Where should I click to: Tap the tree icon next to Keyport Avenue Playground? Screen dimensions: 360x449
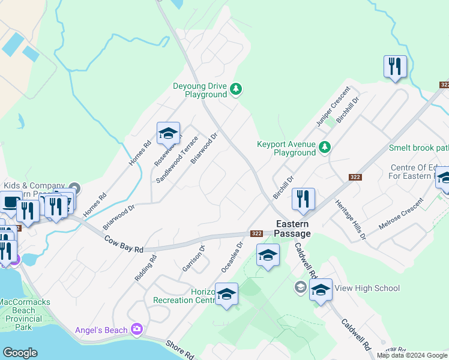(325, 147)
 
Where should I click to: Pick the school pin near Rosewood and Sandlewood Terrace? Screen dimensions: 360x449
(168, 133)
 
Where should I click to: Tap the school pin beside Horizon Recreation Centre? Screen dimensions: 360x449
(227, 294)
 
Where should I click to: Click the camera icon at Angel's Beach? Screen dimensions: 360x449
(137, 329)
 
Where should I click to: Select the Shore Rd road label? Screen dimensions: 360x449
(180, 350)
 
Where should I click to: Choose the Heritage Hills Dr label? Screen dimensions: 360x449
(351, 220)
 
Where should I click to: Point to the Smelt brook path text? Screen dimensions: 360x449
(418, 148)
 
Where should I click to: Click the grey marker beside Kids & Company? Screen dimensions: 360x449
(74, 187)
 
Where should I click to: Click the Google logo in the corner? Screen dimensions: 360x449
(20, 353)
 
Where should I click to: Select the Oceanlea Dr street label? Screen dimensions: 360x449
(232, 257)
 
